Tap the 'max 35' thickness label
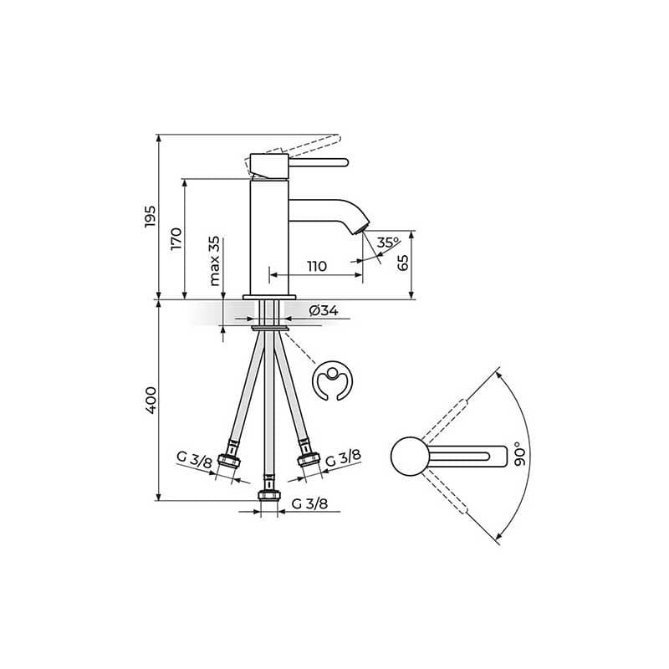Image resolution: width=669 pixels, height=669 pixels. [x=215, y=261]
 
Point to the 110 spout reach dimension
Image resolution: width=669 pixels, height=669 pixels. [x=315, y=267]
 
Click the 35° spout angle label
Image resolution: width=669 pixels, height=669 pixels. [x=387, y=243]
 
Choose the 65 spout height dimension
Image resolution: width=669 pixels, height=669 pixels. [x=403, y=262]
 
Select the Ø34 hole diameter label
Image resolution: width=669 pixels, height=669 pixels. [x=323, y=311]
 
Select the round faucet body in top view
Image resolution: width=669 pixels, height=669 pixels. [x=410, y=457]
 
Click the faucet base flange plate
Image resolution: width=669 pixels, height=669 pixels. [x=268, y=297]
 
